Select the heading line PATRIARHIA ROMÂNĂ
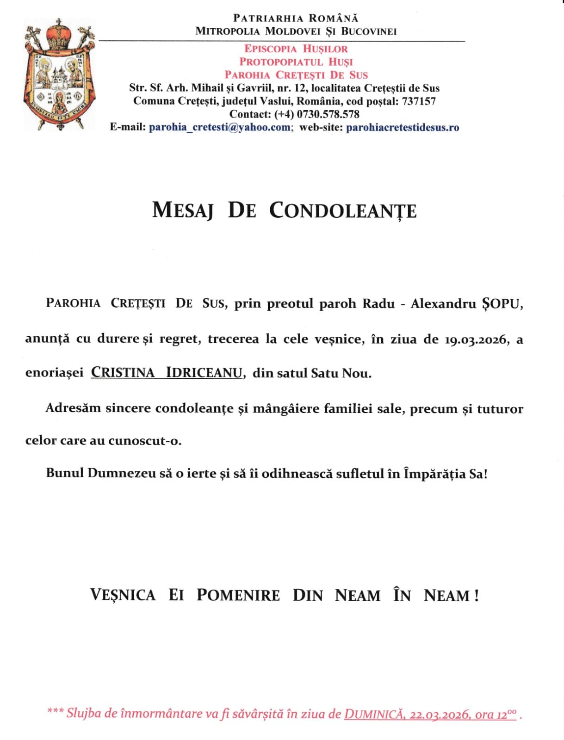(296, 18)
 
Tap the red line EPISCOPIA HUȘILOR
(296, 49)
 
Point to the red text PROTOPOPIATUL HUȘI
(296, 62)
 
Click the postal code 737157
(419, 101)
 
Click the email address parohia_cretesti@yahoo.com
(220, 127)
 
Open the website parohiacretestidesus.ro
(403, 127)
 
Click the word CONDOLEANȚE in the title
(343, 210)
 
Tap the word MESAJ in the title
(183, 210)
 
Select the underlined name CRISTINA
(123, 373)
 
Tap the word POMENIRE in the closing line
(238, 595)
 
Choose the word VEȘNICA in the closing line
(123, 595)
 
